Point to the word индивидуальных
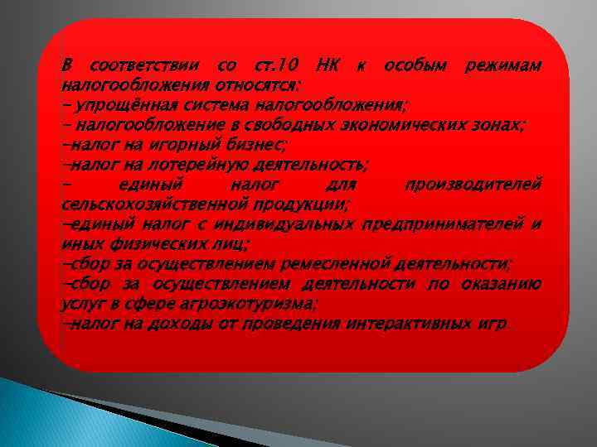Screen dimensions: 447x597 pyautogui.click(x=284, y=223)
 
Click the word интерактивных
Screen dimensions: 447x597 pyautogui.click(x=410, y=323)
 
